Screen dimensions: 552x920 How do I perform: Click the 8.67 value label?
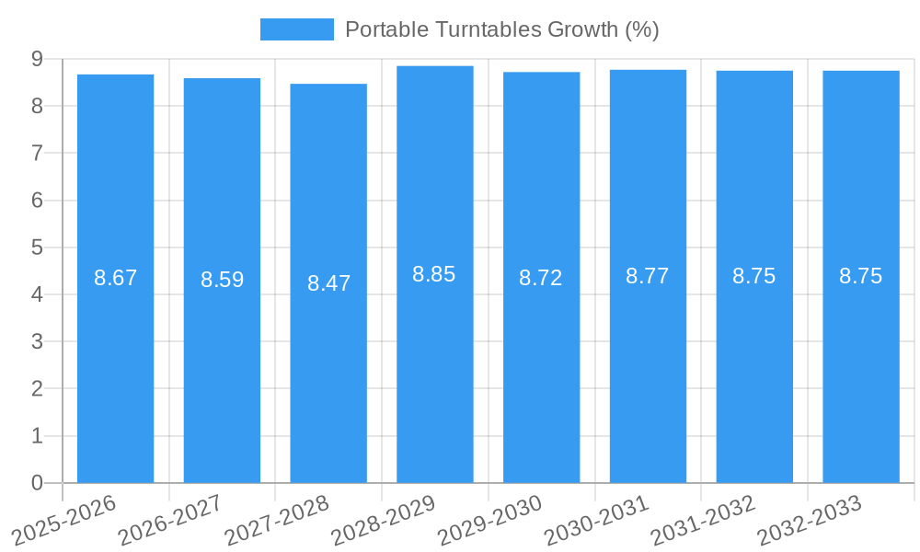tap(115, 278)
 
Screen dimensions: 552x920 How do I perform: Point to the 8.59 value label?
tap(222, 280)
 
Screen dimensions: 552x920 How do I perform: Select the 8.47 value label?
tap(328, 282)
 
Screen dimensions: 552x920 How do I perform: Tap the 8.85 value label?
tap(434, 274)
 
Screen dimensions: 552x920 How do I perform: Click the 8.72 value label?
tap(541, 278)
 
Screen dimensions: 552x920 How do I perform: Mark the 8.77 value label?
tap(648, 276)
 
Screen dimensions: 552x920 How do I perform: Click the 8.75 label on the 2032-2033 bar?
tap(860, 276)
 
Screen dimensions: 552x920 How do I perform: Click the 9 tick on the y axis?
tap(38, 59)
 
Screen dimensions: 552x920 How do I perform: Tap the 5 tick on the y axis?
tap(38, 247)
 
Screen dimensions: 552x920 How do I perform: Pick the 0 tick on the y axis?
tap(38, 483)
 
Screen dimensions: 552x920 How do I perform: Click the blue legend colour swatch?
tap(296, 29)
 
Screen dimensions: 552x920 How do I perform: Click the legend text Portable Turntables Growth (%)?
tap(501, 29)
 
